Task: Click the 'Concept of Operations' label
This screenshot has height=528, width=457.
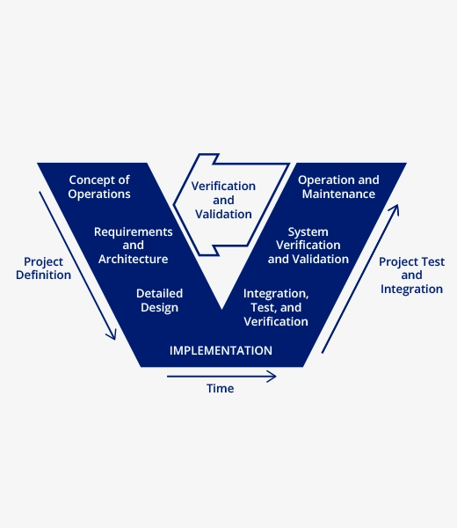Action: click(x=99, y=187)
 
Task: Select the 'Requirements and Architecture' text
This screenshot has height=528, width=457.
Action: click(x=134, y=246)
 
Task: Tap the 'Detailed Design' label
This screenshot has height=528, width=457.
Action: click(x=159, y=300)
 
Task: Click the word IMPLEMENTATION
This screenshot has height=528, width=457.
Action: click(x=221, y=350)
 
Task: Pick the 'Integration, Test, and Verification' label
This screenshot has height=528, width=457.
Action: click(x=276, y=307)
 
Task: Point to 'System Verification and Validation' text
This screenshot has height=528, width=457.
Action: click(x=308, y=246)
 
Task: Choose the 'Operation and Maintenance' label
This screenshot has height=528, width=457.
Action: click(x=338, y=187)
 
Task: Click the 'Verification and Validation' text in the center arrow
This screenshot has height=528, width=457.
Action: click(x=223, y=200)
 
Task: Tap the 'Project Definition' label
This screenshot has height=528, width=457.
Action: click(x=43, y=268)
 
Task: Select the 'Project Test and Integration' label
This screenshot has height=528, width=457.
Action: click(x=411, y=275)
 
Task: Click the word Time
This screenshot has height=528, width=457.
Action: click(x=221, y=388)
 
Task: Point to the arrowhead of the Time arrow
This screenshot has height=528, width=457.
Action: click(x=275, y=377)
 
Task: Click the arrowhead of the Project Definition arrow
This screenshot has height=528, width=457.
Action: click(x=114, y=339)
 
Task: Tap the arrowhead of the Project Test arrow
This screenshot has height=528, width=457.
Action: click(x=397, y=205)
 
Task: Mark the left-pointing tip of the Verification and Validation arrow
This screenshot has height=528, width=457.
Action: click(x=173, y=204)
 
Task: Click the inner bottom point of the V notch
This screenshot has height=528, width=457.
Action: click(x=222, y=309)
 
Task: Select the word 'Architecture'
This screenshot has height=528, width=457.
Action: click(x=134, y=259)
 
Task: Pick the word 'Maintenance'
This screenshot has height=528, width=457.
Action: click(x=338, y=194)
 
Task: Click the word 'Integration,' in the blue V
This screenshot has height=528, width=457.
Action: click(x=276, y=294)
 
